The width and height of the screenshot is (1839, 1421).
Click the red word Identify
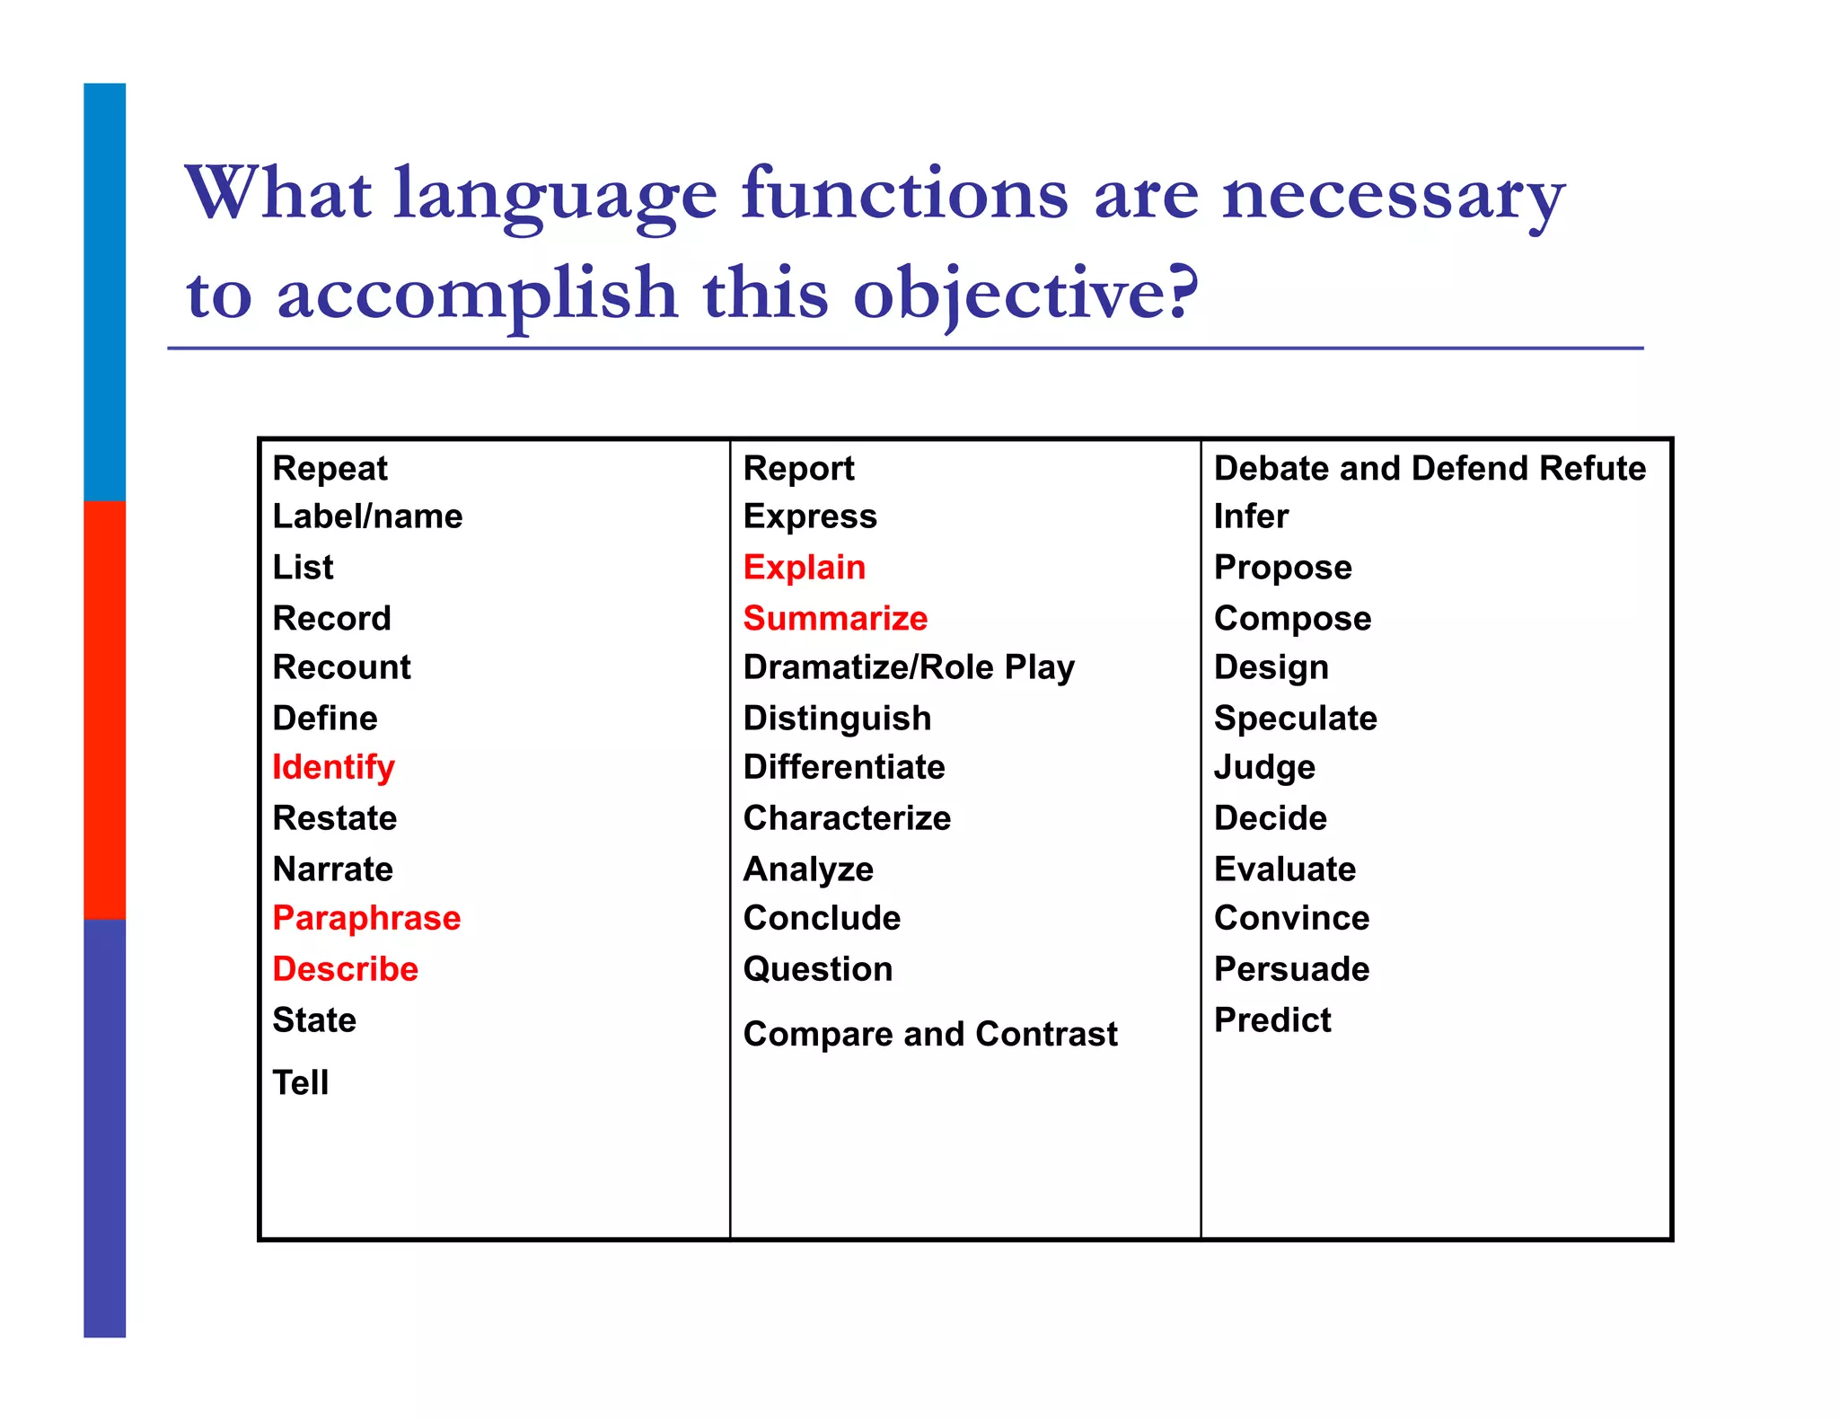(333, 768)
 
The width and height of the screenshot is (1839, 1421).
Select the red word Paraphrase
(366, 918)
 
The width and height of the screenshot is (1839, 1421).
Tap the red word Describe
(345, 969)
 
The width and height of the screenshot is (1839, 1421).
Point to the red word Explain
(804, 568)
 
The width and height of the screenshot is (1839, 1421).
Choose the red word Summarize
(835, 618)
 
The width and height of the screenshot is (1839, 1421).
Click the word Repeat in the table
(330, 469)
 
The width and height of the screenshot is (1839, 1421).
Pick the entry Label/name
(367, 516)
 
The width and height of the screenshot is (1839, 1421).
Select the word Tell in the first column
(300, 1082)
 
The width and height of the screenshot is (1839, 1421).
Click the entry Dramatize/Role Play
(909, 667)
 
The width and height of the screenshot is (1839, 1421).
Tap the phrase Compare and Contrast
(930, 1034)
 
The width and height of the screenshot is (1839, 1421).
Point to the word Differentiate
(844, 767)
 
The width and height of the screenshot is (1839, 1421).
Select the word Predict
(1272, 1020)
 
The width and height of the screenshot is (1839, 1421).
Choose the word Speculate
(1295, 719)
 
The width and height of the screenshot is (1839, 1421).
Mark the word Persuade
(1291, 969)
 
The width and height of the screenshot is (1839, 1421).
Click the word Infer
(1251, 516)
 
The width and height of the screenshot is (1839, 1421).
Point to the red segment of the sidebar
(104, 710)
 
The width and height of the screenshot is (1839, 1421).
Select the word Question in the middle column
(818, 969)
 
